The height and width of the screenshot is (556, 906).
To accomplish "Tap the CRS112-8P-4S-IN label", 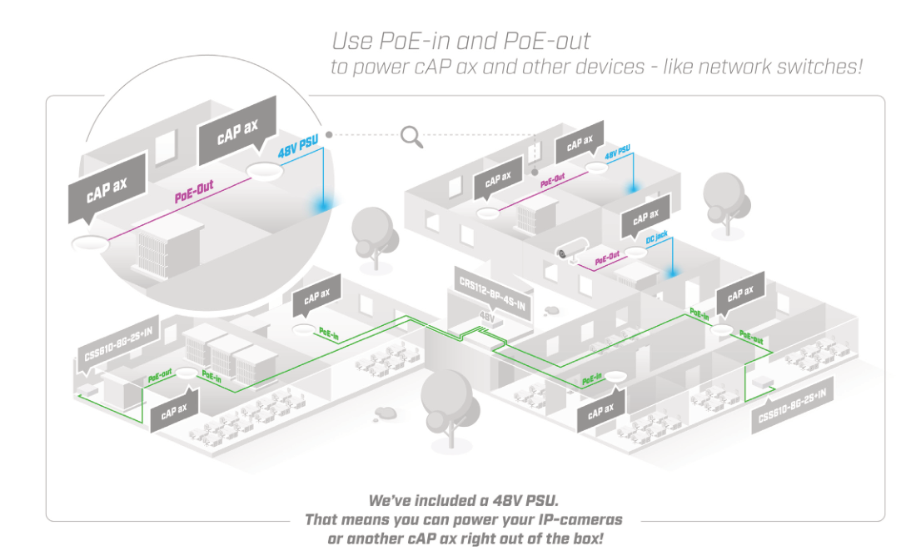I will click(x=493, y=293).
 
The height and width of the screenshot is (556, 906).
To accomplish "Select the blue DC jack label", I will click(x=656, y=239).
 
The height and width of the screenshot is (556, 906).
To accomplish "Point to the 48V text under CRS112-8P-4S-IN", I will click(x=486, y=317).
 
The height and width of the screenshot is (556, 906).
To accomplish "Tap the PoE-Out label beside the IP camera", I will click(x=607, y=258).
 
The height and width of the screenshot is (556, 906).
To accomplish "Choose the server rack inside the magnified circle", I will click(x=172, y=247).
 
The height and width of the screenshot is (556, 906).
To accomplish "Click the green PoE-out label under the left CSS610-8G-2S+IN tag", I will click(x=160, y=378).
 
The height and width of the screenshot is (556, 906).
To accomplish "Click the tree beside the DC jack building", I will click(x=721, y=198).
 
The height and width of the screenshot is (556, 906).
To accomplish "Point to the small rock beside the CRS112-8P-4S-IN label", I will click(x=550, y=310).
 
